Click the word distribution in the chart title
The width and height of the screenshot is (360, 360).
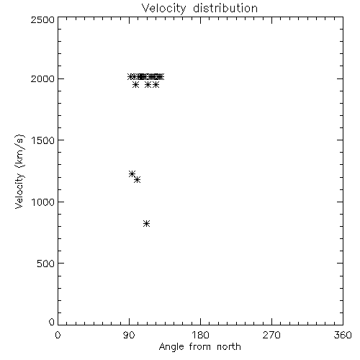click(225, 8)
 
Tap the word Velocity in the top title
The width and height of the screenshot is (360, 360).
click(164, 9)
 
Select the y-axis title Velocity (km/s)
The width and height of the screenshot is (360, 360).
click(19, 171)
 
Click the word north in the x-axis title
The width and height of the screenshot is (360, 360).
click(229, 346)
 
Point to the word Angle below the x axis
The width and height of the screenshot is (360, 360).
click(171, 347)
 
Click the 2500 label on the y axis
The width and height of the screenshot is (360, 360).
click(42, 19)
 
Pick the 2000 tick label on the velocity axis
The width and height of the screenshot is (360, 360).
click(42, 78)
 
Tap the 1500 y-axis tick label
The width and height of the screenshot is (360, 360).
click(43, 140)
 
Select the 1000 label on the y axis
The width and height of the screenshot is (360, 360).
click(43, 202)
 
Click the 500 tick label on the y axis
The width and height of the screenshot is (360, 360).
click(46, 264)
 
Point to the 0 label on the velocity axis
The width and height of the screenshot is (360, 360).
click(52, 322)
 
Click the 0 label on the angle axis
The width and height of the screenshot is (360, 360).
click(58, 335)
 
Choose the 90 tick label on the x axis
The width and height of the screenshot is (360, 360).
click(129, 335)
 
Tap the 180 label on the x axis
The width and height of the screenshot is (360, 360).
click(200, 335)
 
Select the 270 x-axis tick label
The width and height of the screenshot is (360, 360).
click(271, 335)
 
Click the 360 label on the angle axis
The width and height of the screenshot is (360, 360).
click(343, 335)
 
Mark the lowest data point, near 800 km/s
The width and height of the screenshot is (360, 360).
click(146, 224)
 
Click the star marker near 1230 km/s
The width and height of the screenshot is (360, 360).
click(132, 174)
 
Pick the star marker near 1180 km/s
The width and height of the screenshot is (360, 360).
click(137, 179)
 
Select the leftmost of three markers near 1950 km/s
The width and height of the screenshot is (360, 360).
click(135, 85)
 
